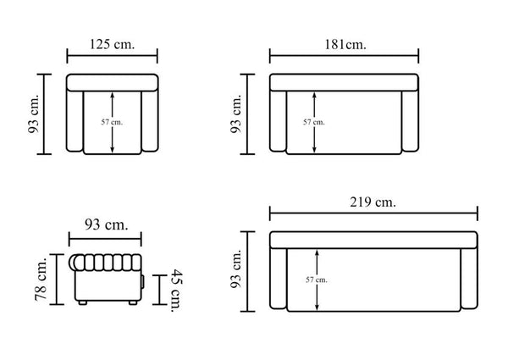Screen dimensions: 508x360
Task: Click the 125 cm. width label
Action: point(112,44)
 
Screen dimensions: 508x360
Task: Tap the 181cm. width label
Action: point(345,44)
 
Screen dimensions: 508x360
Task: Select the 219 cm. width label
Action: point(373,202)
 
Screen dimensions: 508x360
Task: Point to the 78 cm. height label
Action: point(41,279)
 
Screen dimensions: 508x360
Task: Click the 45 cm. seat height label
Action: point(177,291)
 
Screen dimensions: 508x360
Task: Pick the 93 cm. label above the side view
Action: point(107,224)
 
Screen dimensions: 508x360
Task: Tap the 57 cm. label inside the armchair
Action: point(112,122)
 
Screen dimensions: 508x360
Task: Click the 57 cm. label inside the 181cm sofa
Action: point(313,122)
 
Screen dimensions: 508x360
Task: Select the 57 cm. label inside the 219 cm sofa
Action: point(316,280)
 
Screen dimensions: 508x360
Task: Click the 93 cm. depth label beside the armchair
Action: point(34,114)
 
